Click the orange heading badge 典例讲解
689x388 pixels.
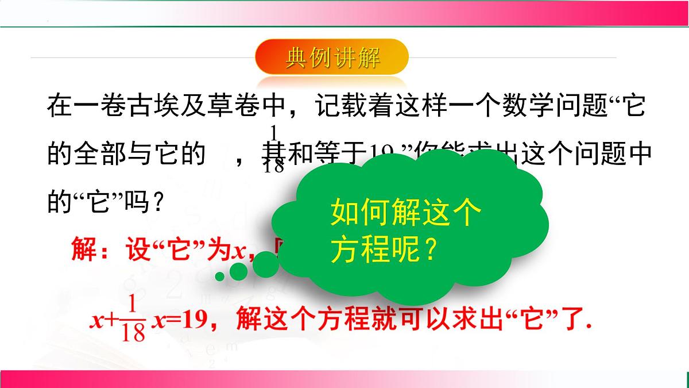(x=332, y=59)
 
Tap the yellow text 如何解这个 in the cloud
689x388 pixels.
(x=405, y=215)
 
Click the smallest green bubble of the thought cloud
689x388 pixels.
(x=219, y=277)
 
